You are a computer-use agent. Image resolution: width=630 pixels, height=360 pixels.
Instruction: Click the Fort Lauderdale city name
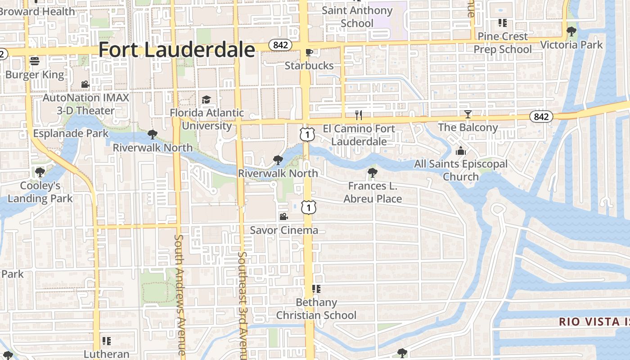pyautogui.click(x=176, y=49)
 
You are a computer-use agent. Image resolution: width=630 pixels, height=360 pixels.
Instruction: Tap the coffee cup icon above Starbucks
pyautogui.click(x=309, y=53)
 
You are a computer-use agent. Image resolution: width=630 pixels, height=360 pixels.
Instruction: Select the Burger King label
pyautogui.click(x=35, y=74)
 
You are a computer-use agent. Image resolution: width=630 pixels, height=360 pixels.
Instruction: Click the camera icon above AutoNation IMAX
pyautogui.click(x=85, y=84)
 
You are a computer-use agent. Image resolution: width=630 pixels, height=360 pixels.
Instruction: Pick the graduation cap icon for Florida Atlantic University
pyautogui.click(x=206, y=99)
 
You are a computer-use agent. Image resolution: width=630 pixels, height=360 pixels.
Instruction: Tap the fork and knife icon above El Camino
pyautogui.click(x=359, y=115)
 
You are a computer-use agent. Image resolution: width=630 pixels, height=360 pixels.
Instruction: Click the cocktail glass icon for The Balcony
pyautogui.click(x=468, y=114)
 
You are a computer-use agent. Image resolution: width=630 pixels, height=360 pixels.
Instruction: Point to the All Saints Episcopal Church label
pyautogui.click(x=461, y=170)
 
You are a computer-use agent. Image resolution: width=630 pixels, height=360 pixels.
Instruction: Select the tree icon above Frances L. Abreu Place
pyautogui.click(x=372, y=172)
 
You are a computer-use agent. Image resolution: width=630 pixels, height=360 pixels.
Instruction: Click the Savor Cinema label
pyautogui.click(x=284, y=230)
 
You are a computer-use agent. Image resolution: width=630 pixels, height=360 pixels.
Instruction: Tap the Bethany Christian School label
pyautogui.click(x=316, y=309)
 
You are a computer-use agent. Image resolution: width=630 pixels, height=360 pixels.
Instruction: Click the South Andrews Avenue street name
pyautogui.click(x=180, y=295)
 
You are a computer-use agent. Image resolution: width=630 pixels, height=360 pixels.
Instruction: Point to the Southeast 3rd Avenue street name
pyautogui.click(x=243, y=306)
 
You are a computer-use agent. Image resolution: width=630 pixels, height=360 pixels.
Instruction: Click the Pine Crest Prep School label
pyautogui.click(x=503, y=42)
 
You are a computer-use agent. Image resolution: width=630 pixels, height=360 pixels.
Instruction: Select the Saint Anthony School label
pyautogui.click(x=357, y=16)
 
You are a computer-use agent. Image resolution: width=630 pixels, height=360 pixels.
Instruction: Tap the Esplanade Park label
pyautogui.click(x=71, y=134)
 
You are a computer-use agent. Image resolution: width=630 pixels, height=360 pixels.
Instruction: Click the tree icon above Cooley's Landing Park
pyautogui.click(x=40, y=172)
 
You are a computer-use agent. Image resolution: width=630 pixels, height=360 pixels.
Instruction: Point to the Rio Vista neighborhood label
pyautogui.click(x=594, y=322)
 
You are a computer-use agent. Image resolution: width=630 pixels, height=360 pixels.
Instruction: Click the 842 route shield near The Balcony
pyautogui.click(x=541, y=117)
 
